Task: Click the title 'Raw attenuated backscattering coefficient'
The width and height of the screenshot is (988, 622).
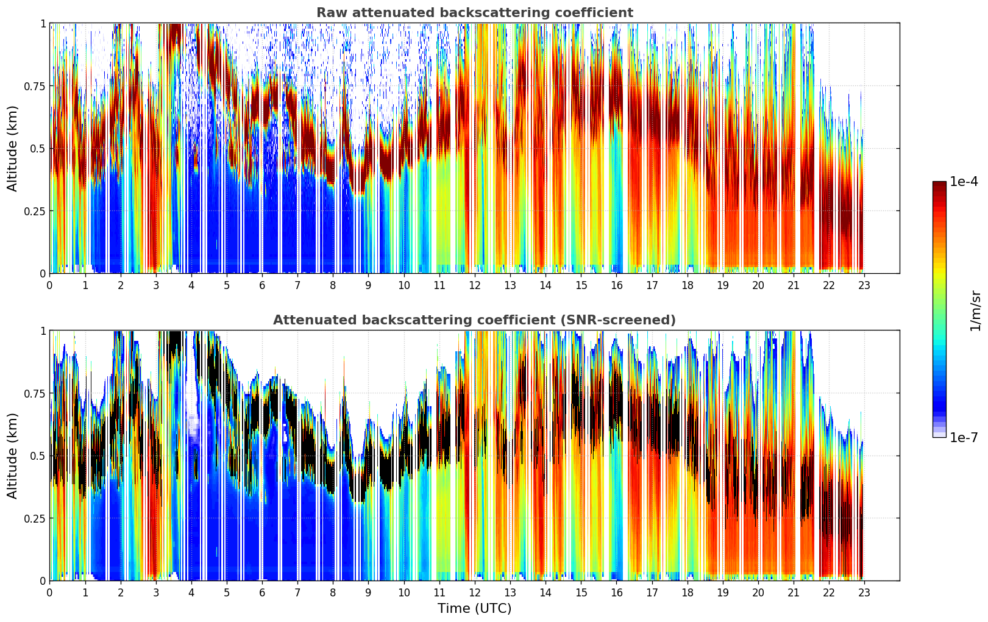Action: (x=474, y=13)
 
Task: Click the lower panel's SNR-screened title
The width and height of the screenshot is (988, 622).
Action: (x=474, y=320)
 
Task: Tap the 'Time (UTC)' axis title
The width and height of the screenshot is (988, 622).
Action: (x=474, y=609)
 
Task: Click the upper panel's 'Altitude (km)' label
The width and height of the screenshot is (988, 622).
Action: (x=13, y=148)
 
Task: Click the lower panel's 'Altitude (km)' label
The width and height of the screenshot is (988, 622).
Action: (x=13, y=456)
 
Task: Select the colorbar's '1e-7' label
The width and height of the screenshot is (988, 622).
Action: (x=964, y=437)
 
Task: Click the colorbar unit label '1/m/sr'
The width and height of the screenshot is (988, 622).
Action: (x=975, y=311)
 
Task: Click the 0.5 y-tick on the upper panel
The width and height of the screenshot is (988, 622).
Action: (x=37, y=149)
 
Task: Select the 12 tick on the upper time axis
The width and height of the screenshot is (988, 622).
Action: (x=475, y=285)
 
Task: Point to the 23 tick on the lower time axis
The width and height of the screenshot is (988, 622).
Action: (x=864, y=592)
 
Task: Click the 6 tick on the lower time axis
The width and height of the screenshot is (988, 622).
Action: (x=262, y=592)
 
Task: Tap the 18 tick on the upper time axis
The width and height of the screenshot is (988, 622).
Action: (x=688, y=285)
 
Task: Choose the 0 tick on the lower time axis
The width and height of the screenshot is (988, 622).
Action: (x=49, y=592)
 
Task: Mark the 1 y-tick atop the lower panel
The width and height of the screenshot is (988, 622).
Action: (x=43, y=331)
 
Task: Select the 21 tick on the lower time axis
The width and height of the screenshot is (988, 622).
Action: (x=794, y=592)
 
